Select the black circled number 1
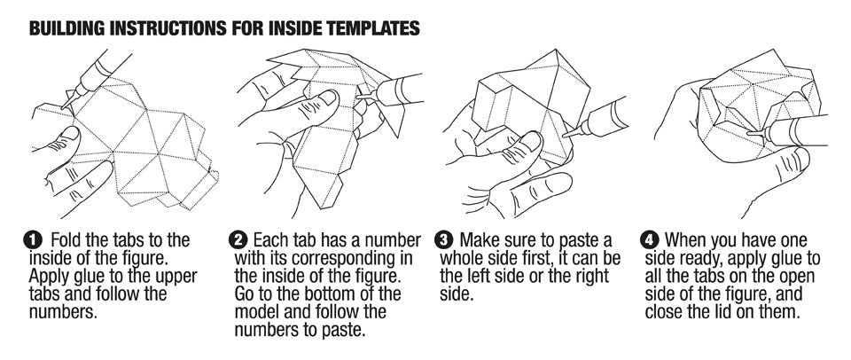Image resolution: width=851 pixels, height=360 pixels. pos(32,239)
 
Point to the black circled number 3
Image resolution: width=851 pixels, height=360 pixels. pos(446,239)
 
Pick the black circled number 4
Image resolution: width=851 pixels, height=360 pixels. pos(652,239)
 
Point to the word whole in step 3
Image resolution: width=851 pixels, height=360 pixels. pos(463,257)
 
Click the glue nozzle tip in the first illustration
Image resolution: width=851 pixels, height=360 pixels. pos(64,106)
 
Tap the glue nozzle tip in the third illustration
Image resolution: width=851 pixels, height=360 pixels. pos(566,134)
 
